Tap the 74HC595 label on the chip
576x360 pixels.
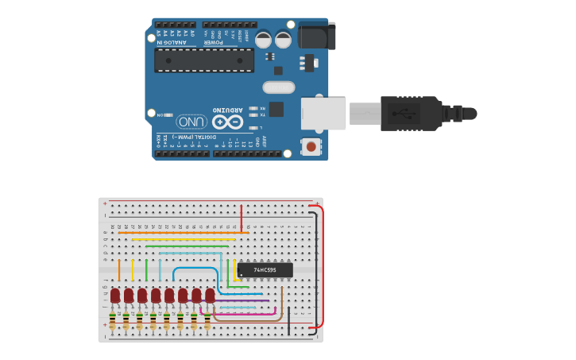click(x=265, y=270)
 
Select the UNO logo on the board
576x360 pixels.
click(x=191, y=122)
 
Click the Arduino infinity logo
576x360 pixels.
click(x=226, y=122)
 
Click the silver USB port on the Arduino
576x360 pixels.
click(x=323, y=114)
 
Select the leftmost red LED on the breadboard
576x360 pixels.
click(x=115, y=296)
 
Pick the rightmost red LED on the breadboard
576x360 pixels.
click(x=210, y=296)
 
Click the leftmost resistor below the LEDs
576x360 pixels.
click(x=112, y=322)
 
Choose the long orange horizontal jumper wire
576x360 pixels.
click(x=183, y=233)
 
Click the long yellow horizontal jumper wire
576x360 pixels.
click(x=183, y=239)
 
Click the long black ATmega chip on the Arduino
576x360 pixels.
click(x=204, y=60)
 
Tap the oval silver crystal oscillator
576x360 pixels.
click(x=278, y=87)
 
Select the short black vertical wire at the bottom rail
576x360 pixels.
click(x=288, y=316)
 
